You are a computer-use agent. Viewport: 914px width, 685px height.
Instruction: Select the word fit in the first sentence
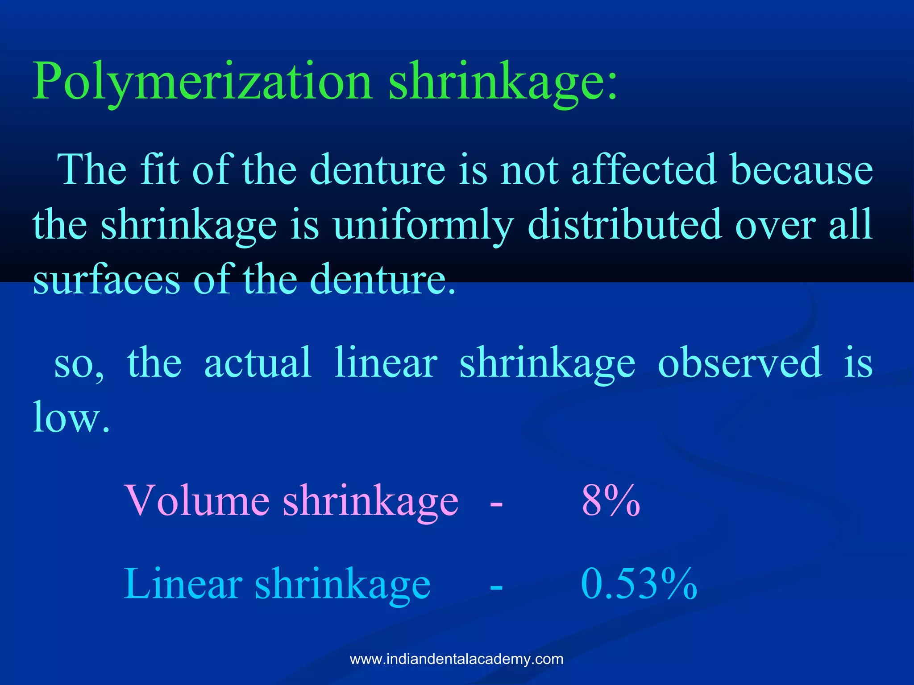tap(160, 170)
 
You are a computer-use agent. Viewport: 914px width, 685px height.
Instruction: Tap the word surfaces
tap(107, 280)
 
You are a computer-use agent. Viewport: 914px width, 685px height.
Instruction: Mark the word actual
tap(258, 363)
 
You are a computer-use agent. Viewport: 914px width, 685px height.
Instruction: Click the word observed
tap(740, 363)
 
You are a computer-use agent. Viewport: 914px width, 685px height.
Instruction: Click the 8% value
tap(611, 500)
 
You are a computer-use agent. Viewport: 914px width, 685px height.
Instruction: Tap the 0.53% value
tap(639, 584)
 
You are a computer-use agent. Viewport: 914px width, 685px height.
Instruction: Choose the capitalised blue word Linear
tap(183, 584)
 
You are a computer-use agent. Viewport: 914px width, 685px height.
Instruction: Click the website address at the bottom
tap(457, 659)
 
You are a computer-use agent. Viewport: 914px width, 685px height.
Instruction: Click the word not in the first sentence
tap(529, 170)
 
